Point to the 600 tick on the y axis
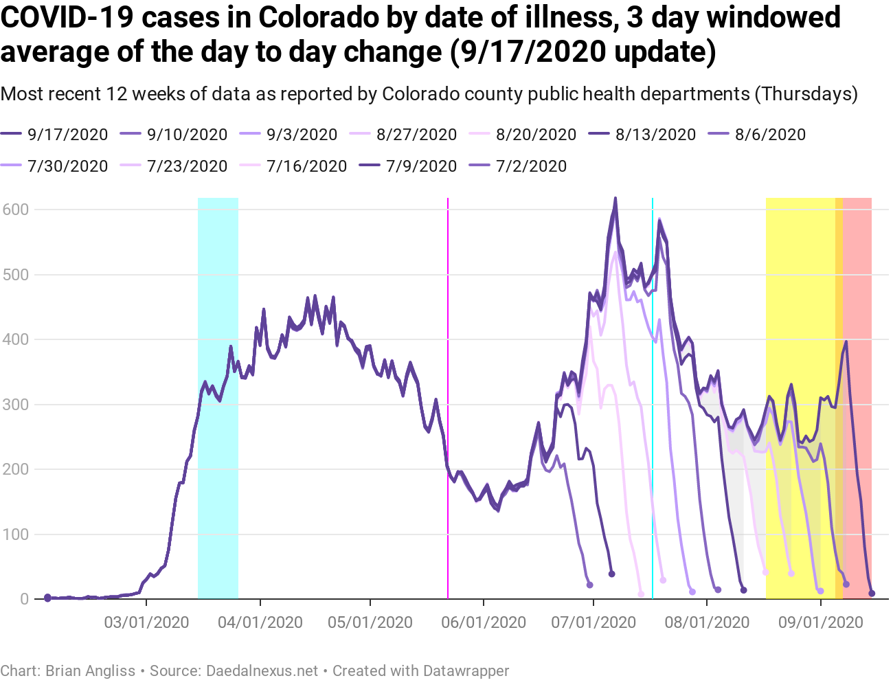pyautogui.click(x=15, y=210)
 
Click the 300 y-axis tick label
pyautogui.click(x=15, y=405)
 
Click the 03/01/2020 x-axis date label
pyautogui.click(x=146, y=622)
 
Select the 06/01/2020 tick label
pyautogui.click(x=484, y=622)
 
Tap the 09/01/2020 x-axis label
pyautogui.click(x=820, y=622)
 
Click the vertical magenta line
pyautogui.click(x=448, y=398)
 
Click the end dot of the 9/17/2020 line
pyautogui.click(x=872, y=594)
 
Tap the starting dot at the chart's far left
pyautogui.click(x=47, y=598)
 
